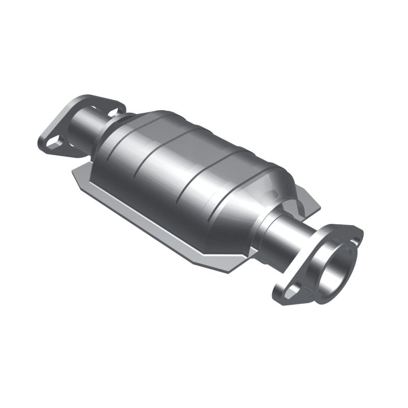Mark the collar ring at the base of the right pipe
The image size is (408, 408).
[x=268, y=227]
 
